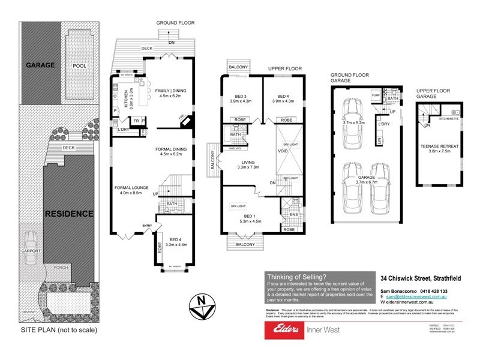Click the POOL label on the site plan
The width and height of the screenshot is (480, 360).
80,65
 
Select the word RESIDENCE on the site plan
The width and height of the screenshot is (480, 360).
68,214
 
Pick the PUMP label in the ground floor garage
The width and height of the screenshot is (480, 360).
376,95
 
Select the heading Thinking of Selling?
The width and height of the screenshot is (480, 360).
293,277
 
